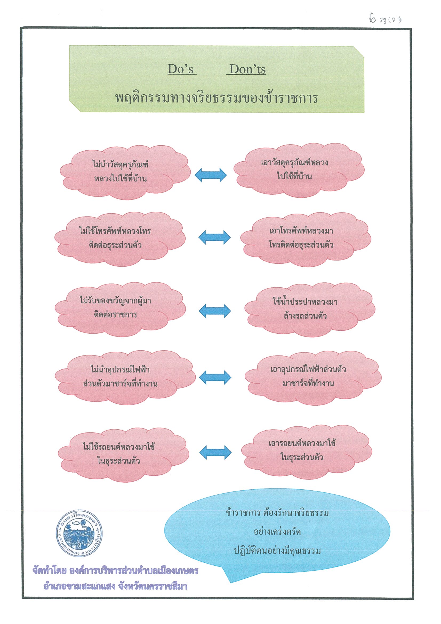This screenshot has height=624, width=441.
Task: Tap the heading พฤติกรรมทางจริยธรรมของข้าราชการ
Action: pos(217,98)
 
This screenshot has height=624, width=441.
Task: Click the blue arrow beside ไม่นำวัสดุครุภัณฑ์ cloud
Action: pos(211,175)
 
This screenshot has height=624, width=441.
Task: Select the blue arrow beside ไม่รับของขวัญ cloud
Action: pos(215,311)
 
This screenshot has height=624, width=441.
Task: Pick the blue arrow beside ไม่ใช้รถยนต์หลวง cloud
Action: pos(215,453)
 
